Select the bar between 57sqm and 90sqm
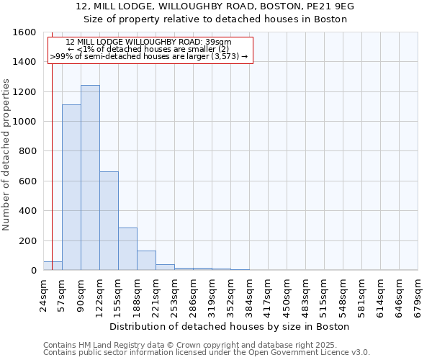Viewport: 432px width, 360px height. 71,187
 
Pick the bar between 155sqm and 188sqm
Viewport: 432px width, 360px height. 127,248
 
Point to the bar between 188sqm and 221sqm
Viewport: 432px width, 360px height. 146,260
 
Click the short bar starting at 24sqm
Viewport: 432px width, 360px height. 53,266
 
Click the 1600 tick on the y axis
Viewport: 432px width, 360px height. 25,32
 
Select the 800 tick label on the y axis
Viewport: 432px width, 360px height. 28,152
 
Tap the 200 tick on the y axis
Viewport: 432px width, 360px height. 28,241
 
